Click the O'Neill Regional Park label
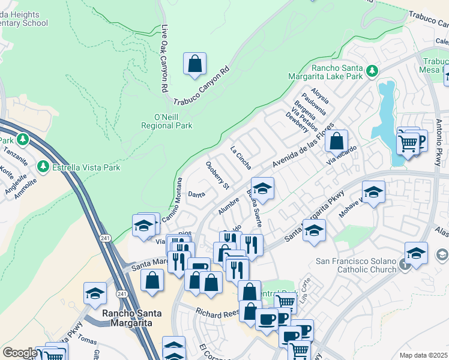[x=166, y=121]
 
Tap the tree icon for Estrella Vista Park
[x=43, y=166]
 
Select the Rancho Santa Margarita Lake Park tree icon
[x=372, y=71]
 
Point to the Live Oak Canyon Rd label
[x=164, y=58]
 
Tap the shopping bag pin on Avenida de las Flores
[x=337, y=142]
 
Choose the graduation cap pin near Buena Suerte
[x=262, y=188]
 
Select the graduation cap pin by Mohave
[x=373, y=193]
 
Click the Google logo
[x=20, y=353]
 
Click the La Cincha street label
[x=241, y=157]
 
